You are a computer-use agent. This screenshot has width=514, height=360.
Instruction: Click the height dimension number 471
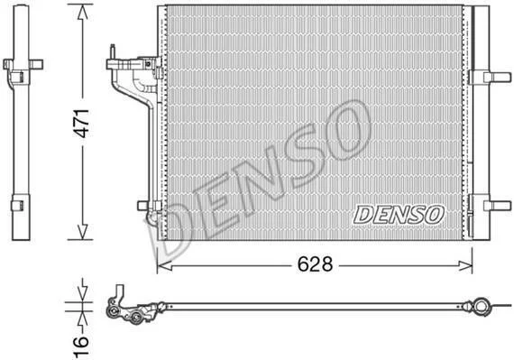coord(81,123)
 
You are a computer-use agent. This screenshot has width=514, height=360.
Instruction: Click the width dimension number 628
coord(315,264)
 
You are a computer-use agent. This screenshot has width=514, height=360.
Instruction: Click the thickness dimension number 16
coord(80,346)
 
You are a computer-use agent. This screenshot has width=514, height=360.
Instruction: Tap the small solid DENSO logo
coord(399,215)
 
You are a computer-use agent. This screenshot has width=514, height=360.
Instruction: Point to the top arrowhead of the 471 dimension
coord(83,14)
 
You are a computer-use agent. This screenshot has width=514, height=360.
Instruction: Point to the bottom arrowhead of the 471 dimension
coord(83,232)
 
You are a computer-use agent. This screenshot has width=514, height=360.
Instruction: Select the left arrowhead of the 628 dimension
coord(164,265)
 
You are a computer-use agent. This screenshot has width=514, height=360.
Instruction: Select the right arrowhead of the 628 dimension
coord(465,265)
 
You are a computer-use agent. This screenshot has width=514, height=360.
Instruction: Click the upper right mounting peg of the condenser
coord(497,77)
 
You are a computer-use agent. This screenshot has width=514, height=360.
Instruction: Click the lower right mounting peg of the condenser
coord(497,206)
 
